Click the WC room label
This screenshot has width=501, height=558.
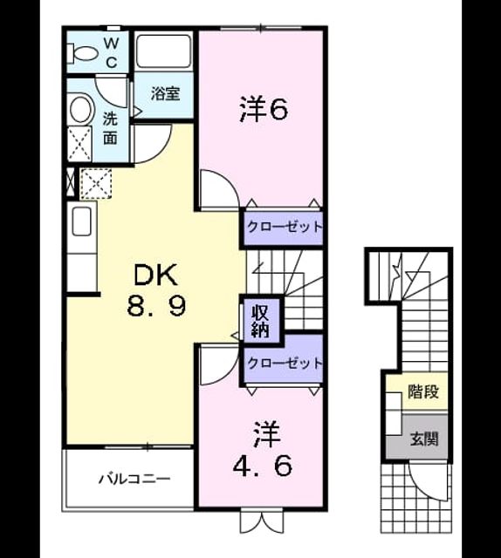point(112,53)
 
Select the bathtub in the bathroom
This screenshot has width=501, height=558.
point(163,51)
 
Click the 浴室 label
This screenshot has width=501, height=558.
point(165,93)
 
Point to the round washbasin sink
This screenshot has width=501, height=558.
point(82,109)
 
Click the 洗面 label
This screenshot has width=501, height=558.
point(110,128)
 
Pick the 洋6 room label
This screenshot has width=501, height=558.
point(264,110)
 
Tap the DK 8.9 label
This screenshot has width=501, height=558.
point(156,290)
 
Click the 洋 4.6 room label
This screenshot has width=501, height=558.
point(264,449)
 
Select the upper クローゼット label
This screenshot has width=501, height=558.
point(284,227)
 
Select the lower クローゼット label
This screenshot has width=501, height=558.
point(284,363)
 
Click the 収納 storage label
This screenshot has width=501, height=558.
point(260,322)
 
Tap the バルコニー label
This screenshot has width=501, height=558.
point(134,479)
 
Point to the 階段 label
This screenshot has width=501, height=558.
point(423,391)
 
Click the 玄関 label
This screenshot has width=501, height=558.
point(423,439)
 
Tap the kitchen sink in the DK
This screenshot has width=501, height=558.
point(81,221)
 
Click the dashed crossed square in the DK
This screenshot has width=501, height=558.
point(96,184)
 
